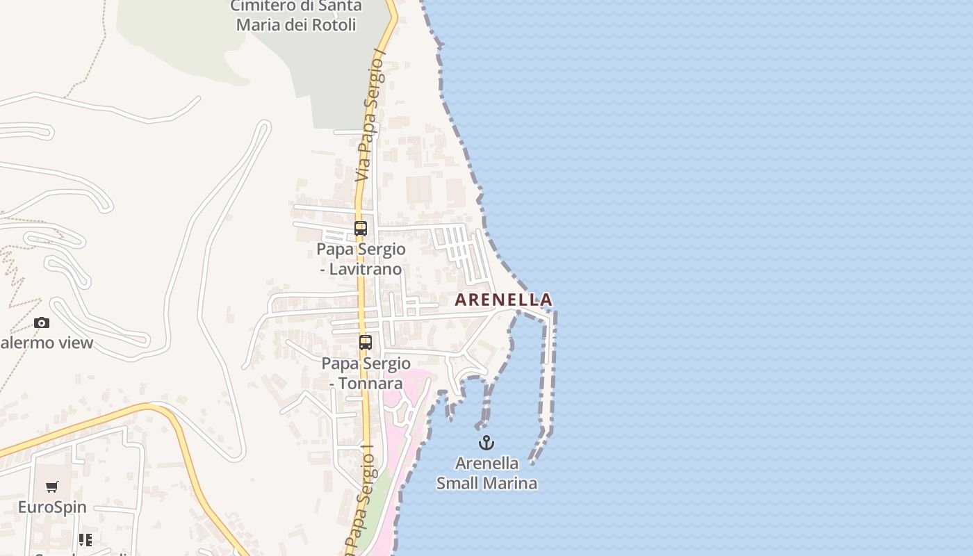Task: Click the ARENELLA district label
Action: coord(503,300)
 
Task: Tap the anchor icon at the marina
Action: coord(486,443)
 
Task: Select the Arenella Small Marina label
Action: coord(486,473)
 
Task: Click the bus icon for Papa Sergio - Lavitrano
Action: coord(360,228)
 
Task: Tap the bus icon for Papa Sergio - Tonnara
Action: coord(366,342)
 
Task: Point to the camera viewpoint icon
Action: coord(42,322)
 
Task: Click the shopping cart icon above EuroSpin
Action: coord(52,486)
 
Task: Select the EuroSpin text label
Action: coord(52,507)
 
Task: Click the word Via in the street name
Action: coord(361,171)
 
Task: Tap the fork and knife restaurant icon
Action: coord(85,540)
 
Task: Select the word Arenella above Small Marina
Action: coord(486,463)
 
